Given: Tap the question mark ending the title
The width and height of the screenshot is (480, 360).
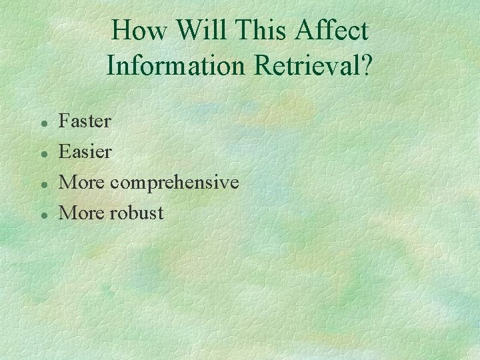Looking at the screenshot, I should point(366,65).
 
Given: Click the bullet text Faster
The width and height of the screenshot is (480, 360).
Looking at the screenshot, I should point(85,121).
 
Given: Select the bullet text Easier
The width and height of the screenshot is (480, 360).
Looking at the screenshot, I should point(85,152).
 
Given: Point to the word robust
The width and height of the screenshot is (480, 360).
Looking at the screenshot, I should point(137,213).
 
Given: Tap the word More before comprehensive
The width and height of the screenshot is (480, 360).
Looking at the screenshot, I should point(82,183).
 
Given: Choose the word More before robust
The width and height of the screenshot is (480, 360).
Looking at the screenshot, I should point(82,213).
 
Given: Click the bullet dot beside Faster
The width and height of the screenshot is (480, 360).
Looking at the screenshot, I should point(42,123).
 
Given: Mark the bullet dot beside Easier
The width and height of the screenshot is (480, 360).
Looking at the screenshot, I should point(42,154).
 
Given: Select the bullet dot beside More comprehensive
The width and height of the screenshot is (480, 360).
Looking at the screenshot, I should point(42,185).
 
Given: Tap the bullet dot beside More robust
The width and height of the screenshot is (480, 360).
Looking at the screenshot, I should point(42,215).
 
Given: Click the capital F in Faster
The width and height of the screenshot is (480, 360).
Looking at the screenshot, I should point(65,121).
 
